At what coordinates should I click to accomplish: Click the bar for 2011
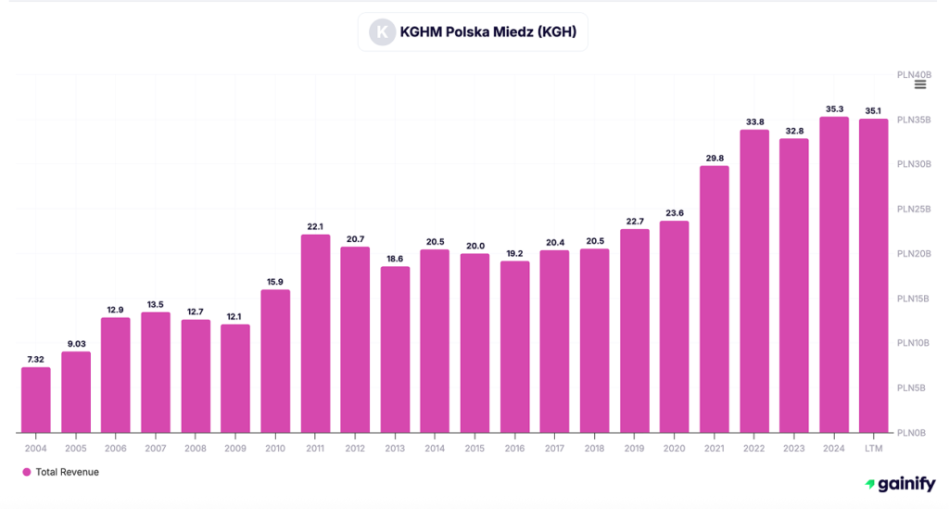[316, 334]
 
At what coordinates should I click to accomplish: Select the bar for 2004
[36, 400]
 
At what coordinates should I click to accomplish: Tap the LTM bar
[873, 275]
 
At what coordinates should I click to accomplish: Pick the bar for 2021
[714, 299]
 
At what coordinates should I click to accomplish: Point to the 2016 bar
[515, 347]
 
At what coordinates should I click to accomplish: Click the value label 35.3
[834, 108]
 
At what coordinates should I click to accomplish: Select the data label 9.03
[76, 344]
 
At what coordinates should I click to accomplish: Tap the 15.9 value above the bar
[276, 282]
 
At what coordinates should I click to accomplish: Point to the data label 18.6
[396, 259]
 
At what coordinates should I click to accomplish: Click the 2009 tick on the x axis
[235, 449]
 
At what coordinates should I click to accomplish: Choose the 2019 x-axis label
[635, 449]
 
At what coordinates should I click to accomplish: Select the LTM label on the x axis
[873, 449]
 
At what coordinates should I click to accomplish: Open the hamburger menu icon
[920, 84]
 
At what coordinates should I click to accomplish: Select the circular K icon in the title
[382, 32]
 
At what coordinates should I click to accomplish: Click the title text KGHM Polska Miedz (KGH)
[487, 32]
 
